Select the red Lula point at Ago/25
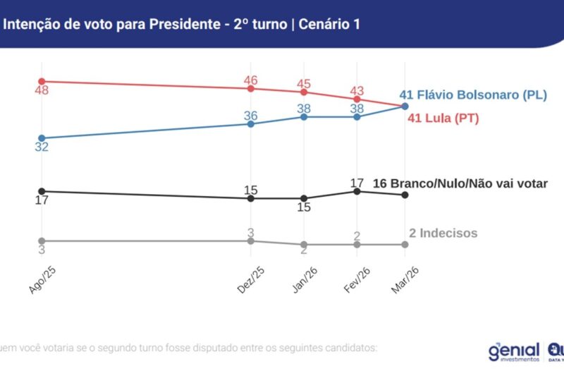pos(42,81)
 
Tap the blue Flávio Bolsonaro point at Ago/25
pos(42,138)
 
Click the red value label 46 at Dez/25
pos(251,80)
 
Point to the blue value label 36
pos(251,115)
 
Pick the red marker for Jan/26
pos(304,92)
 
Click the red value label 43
pos(357,90)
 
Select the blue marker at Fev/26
pos(357,116)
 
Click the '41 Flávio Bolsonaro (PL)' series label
pos(473,95)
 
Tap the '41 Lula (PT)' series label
pos(443,118)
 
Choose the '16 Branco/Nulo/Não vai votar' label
pos(460,183)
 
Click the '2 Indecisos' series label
pos(443,234)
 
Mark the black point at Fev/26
pos(357,191)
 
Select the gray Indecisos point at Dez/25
pos(251,241)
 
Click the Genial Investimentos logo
pos(513,351)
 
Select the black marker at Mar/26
pos(405,195)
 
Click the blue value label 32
pos(42,147)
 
